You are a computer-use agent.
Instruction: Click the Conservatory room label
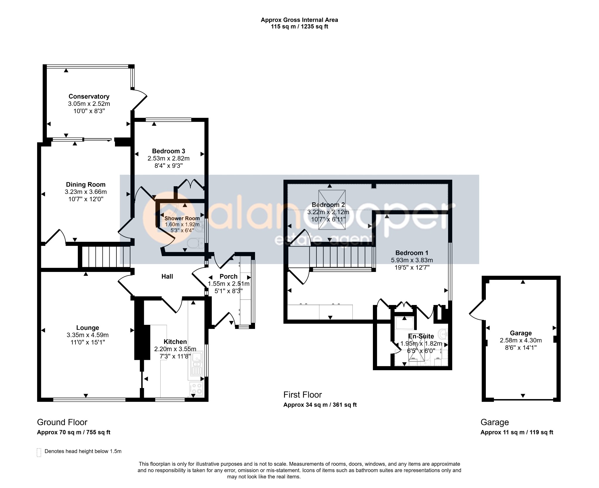coord(89,96)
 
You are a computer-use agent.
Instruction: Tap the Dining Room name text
coord(86,184)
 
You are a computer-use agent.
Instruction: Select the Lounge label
coord(87,328)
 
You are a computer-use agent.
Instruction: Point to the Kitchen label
coord(175,342)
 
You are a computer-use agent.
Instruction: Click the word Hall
coord(167,276)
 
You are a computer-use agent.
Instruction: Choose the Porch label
coord(228,276)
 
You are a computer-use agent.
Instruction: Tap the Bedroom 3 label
coord(168,151)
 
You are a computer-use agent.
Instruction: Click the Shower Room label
coord(182,218)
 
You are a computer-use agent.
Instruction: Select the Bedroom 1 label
coord(412,253)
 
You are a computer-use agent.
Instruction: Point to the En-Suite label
coord(421,336)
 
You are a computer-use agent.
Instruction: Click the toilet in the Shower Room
coord(195,243)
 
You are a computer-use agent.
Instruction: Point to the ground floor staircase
coord(106,257)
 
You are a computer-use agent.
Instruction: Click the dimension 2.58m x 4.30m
coord(521,340)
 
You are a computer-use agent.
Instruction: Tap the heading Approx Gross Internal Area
coord(299,20)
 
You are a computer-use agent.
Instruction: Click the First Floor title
coord(302,395)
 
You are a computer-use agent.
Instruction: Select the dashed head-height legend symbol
coord(39,452)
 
